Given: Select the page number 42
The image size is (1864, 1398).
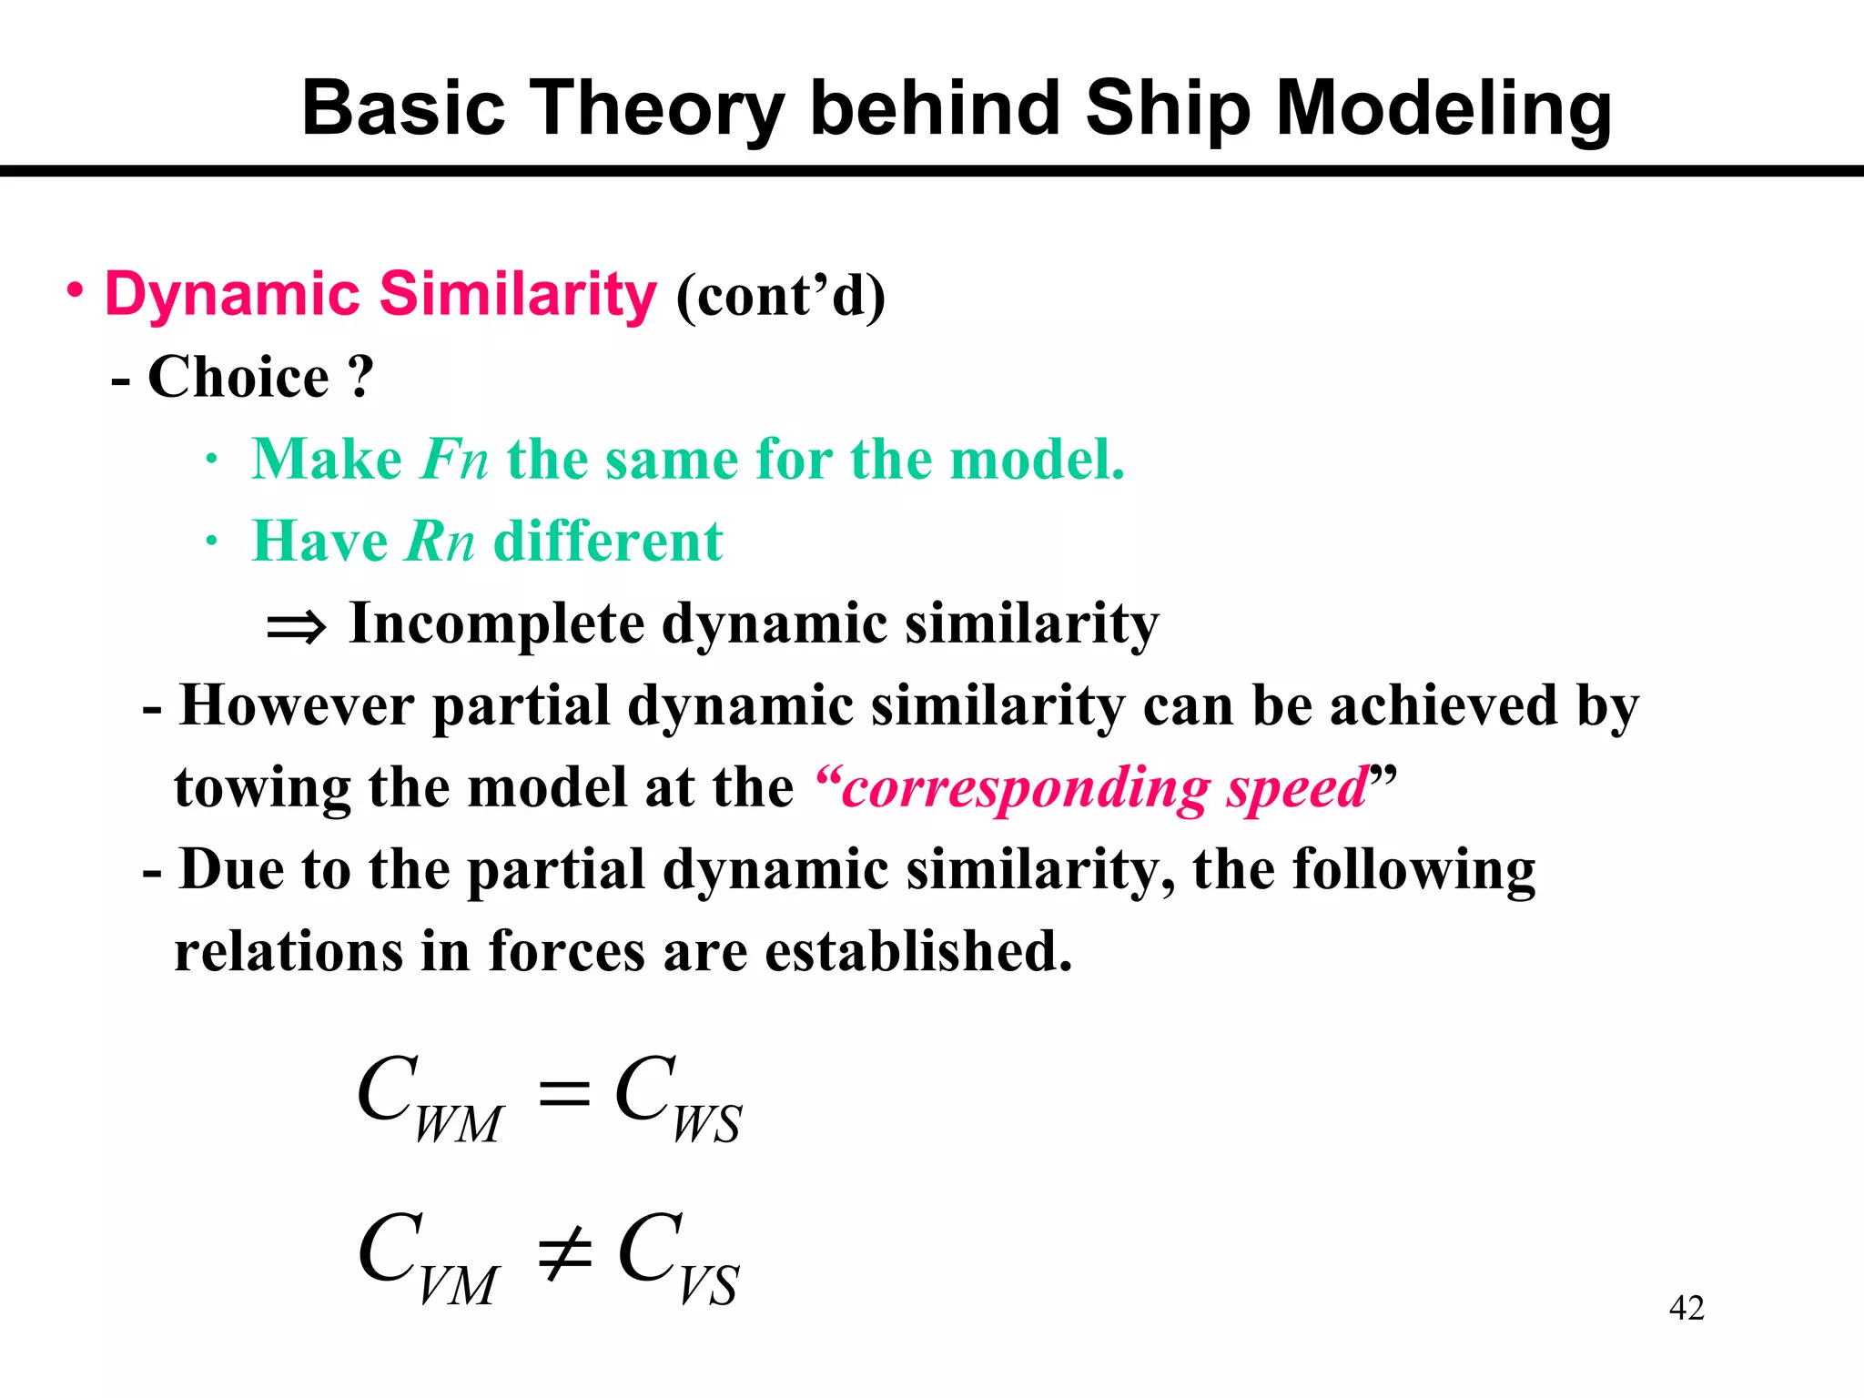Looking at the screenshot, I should [1686, 1308].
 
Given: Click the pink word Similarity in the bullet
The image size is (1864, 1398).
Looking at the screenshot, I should [517, 295].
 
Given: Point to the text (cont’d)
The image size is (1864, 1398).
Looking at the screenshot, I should [780, 297].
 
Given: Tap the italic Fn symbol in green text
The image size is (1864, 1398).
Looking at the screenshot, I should [454, 459].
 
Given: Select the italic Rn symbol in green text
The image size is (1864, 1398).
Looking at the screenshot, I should [440, 542].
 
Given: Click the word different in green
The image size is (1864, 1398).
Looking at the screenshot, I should [607, 542].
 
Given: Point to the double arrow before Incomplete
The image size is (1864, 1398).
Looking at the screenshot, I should [296, 627].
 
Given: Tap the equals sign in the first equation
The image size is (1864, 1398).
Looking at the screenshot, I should [564, 1092].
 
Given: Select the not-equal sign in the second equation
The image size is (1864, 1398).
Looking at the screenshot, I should [564, 1254].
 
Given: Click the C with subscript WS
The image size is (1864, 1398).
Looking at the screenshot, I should [677, 1098].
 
